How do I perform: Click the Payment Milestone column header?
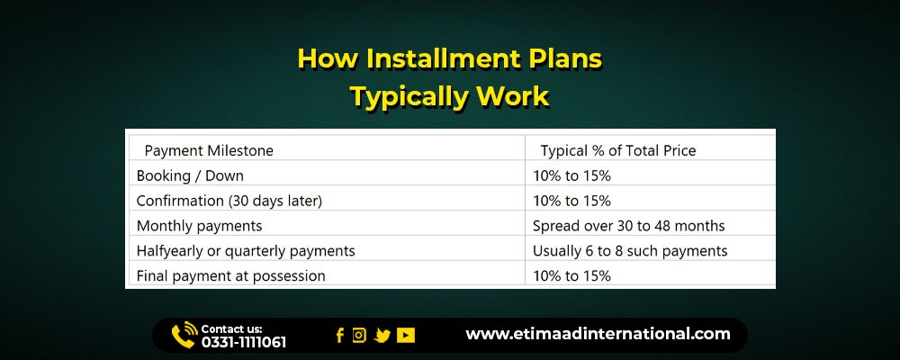209,150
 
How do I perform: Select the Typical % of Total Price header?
618,150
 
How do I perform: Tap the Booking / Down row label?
190,175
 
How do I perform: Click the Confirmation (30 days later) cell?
229,201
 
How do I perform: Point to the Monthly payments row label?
199,226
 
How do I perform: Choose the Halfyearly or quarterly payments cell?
246,251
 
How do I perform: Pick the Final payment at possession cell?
230,276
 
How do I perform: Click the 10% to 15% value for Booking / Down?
571,175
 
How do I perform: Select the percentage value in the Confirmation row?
571,201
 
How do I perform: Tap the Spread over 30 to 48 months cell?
628,226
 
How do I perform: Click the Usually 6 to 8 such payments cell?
630,251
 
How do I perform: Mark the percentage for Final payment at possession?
571,276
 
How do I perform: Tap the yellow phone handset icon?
183,336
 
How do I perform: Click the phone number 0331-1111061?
243,343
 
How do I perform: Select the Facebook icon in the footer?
340,336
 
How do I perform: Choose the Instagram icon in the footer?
359,335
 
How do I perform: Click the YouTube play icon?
405,336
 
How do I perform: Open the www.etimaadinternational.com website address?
598,334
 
